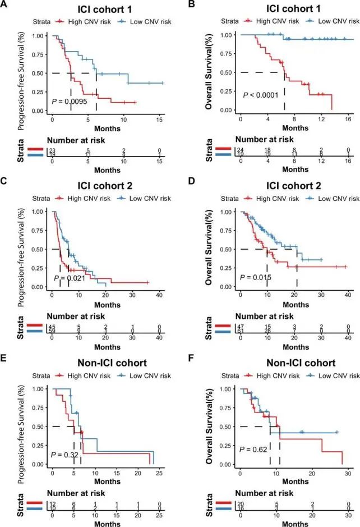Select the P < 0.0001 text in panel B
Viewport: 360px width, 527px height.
pos(262,95)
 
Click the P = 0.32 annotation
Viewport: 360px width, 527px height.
pos(65,454)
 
